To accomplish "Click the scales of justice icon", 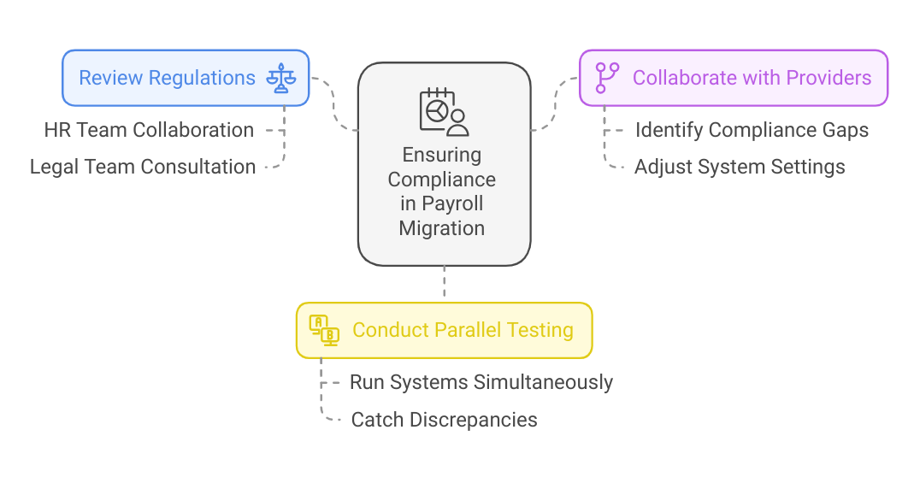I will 280,78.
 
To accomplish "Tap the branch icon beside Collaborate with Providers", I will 607,78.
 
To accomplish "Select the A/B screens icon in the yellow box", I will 324,330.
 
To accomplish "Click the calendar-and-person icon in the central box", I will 444,112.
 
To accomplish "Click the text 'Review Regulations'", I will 167,78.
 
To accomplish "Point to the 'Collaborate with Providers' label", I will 752,78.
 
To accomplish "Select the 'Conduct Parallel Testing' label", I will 463,330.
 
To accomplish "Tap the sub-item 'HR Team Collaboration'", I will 149,130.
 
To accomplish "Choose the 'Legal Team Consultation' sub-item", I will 143,167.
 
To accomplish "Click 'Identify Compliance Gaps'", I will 752,130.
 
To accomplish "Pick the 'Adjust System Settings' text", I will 740,167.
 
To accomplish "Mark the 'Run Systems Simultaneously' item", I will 481,382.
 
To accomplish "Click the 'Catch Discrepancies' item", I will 444,420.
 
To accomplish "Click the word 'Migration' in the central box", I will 442,228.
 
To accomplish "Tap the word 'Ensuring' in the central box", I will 442,155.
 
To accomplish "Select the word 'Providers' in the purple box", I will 829,78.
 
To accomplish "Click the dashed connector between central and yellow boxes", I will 444,284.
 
